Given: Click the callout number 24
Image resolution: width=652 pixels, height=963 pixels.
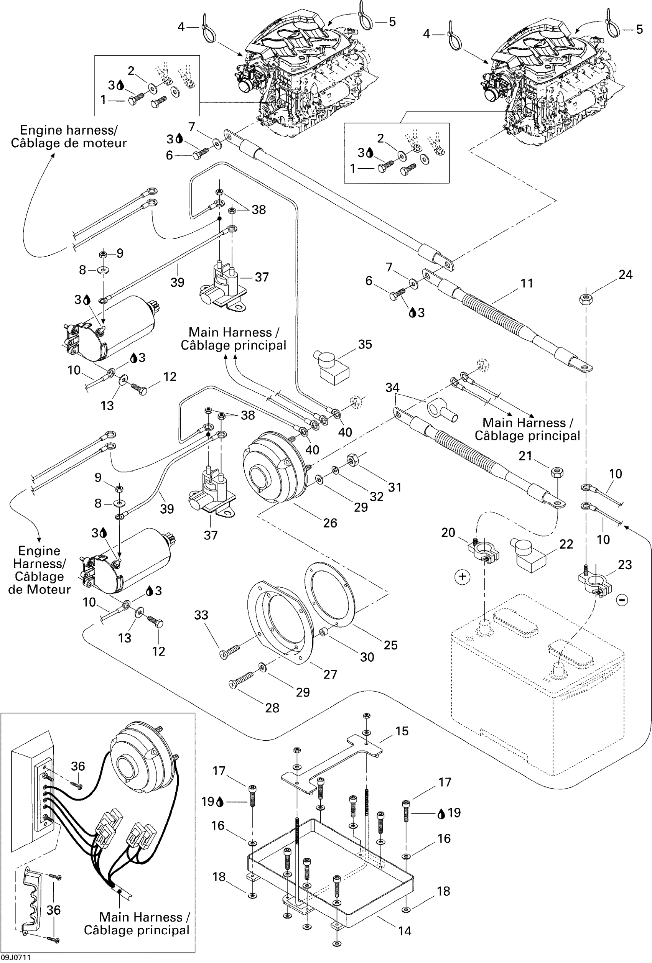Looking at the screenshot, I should click(626, 275).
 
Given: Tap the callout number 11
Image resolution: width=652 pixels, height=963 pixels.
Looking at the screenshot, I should click(527, 283).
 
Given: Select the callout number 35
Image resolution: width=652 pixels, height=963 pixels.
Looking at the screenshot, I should click(365, 344).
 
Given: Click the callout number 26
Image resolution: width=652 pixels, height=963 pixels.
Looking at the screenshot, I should click(330, 523).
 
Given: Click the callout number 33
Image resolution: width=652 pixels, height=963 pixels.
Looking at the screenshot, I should click(201, 615).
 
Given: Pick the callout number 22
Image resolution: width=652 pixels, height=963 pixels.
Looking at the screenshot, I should click(566, 544).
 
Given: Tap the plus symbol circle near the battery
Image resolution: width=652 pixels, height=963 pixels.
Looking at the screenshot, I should click(463, 577).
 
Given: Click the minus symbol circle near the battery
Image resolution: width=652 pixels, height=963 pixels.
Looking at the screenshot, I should click(622, 600).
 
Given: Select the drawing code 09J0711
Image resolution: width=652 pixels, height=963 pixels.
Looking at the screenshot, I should click(15, 958).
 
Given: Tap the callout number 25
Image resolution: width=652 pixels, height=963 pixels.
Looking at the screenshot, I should click(390, 645).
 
